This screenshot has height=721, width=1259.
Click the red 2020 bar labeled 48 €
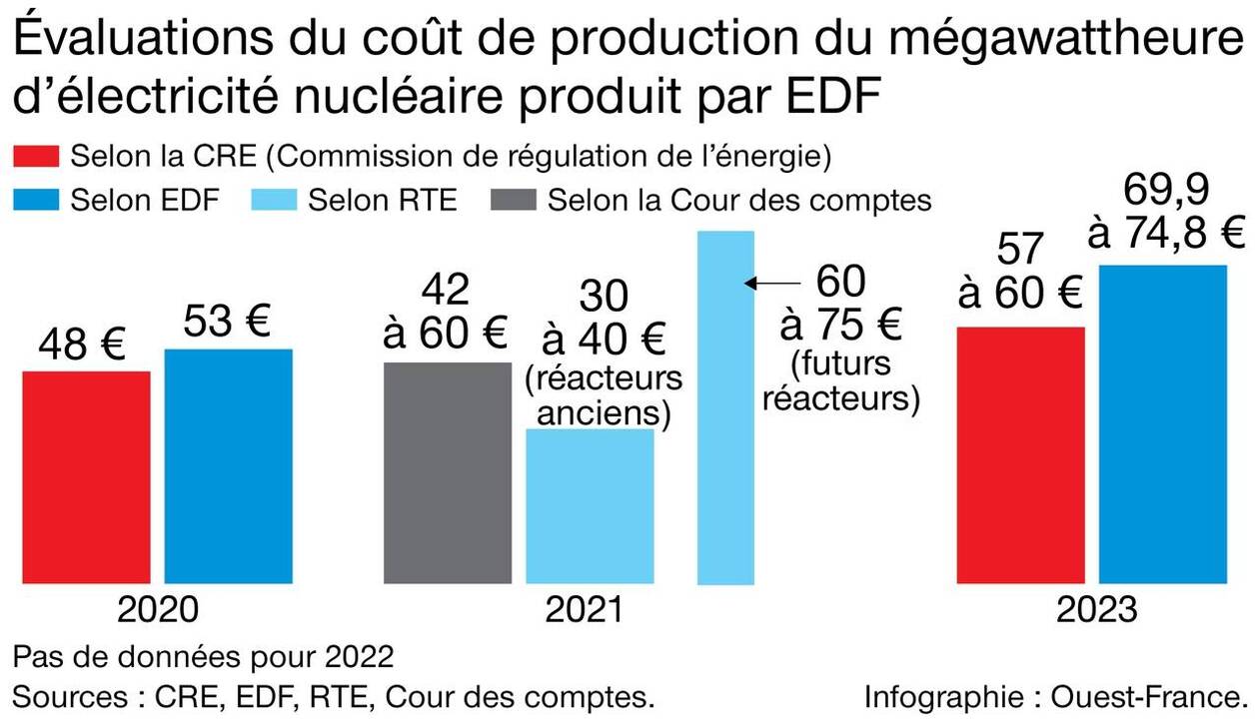[87, 477]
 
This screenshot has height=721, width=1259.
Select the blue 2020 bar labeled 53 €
[229, 466]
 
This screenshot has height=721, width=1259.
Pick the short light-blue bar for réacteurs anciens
[590, 506]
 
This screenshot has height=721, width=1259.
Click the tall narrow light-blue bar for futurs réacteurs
[725, 407]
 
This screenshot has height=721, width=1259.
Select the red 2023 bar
[1020, 454]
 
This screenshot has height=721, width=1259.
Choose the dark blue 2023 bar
[1162, 424]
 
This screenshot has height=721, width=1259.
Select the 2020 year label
[158, 609]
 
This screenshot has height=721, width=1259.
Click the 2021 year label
[583, 609]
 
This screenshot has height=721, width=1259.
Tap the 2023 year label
[1095, 609]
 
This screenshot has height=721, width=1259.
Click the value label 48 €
[82, 346]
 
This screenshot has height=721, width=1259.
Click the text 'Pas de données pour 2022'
[203, 658]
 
